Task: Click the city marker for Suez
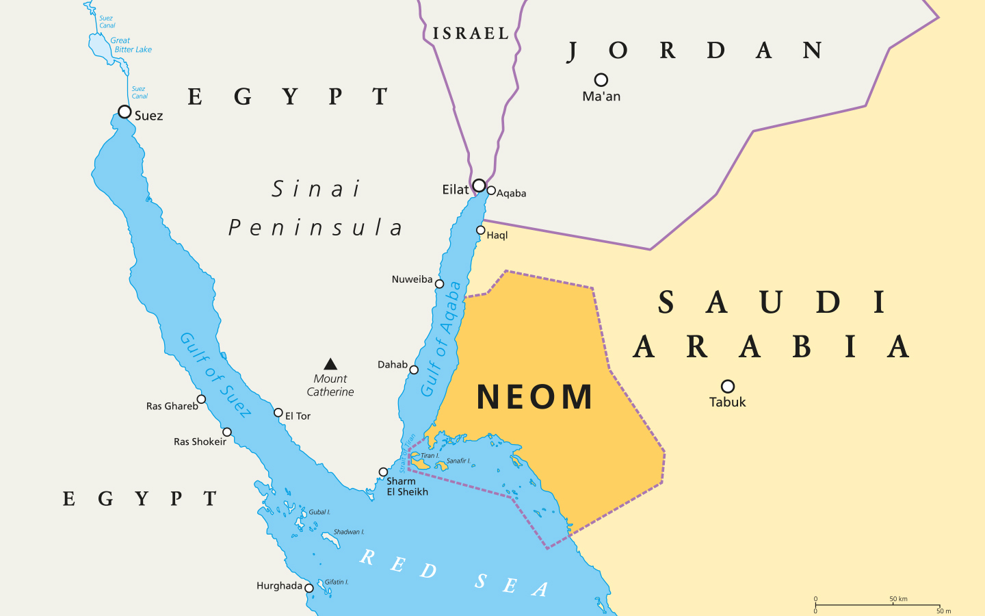(124, 112)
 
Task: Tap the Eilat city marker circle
(480, 185)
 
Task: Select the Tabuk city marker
(728, 387)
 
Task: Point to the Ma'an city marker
(601, 80)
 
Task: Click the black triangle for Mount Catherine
(330, 364)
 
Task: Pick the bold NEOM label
(534, 397)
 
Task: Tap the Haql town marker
(481, 231)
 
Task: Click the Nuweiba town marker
(440, 284)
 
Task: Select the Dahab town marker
(414, 370)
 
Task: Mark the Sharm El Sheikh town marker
(383, 472)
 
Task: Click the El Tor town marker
(278, 413)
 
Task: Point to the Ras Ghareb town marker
(201, 399)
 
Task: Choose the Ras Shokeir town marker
(227, 432)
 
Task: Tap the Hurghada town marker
(309, 588)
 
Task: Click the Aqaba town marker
(491, 191)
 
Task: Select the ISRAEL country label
(471, 34)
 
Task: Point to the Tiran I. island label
(430, 456)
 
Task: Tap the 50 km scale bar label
(898, 599)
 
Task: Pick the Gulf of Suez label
(215, 374)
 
